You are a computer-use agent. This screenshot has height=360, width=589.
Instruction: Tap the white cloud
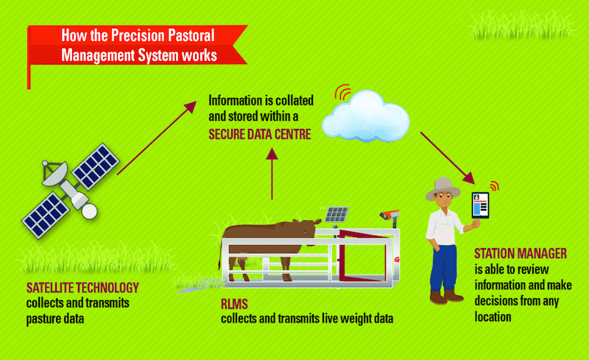(365, 116)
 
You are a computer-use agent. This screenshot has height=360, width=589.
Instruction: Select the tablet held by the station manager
(481, 205)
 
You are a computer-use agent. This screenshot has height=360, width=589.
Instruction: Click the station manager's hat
(442, 188)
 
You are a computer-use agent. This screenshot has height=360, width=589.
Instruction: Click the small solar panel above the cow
(336, 214)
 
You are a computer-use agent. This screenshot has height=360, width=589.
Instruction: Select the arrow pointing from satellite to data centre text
(157, 138)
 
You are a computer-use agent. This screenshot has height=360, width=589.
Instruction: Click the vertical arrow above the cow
(272, 174)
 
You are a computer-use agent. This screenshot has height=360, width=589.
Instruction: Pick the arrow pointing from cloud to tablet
(448, 158)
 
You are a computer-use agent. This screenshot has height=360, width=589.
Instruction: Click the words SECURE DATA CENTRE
(260, 134)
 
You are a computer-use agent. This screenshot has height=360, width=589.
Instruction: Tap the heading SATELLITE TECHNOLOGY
(82, 288)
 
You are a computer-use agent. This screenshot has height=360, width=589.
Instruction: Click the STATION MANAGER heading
(521, 254)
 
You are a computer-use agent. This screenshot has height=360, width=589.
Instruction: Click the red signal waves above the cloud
(342, 92)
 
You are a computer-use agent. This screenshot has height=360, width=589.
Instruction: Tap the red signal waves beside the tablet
(494, 186)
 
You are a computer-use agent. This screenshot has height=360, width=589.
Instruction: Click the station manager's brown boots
(446, 297)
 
